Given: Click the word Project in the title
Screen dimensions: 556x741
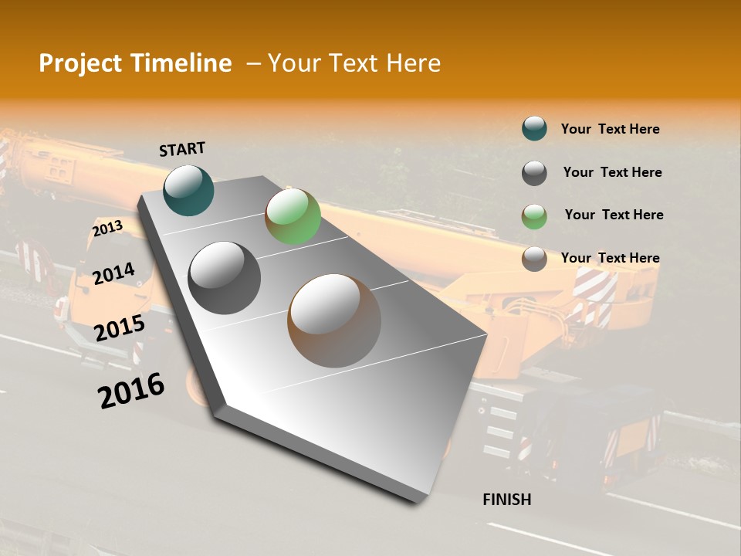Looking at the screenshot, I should (x=81, y=63).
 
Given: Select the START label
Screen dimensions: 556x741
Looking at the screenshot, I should (x=182, y=149).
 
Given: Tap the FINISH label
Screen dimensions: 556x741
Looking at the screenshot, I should (x=507, y=500).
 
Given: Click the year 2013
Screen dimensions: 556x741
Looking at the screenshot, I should (x=107, y=229).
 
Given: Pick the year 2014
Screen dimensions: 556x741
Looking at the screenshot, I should (x=113, y=273).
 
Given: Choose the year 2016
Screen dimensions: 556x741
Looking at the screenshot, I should (x=131, y=390).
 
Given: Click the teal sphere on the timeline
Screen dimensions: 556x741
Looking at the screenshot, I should (x=188, y=190).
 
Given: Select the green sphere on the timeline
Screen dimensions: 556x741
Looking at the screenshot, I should (x=293, y=216).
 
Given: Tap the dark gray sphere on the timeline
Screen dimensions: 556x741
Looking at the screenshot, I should (x=224, y=277).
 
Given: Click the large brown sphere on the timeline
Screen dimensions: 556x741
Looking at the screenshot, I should (x=334, y=320).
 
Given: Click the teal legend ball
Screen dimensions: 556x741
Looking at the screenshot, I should (x=534, y=129).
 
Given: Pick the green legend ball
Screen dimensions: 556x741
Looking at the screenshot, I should (x=534, y=215).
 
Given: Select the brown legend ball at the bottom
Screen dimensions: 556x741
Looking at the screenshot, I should (x=534, y=259).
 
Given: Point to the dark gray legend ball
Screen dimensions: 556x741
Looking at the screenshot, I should (x=534, y=172).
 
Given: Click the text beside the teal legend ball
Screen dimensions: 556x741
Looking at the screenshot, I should (x=610, y=129).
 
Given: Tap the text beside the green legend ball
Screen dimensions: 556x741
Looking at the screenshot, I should (x=614, y=215).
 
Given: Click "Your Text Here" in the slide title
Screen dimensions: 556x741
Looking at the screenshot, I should (x=354, y=63).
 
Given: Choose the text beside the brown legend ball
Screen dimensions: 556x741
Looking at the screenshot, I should (x=610, y=258).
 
